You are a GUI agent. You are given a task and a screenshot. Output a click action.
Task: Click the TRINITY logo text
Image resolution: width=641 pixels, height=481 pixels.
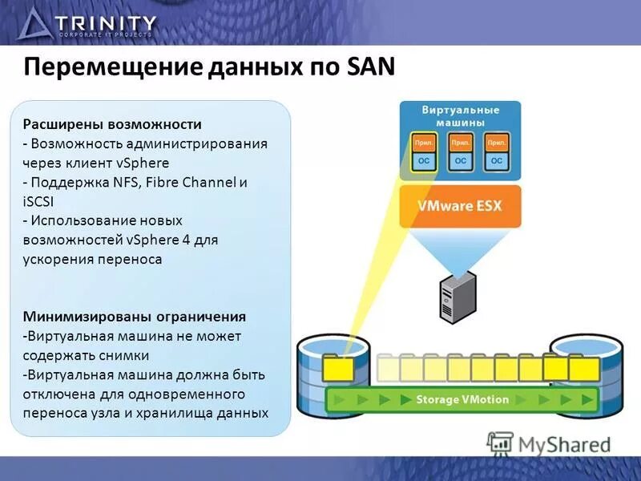click(x=107, y=23)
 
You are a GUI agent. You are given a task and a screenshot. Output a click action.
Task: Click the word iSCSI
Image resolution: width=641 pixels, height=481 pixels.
click(x=38, y=201)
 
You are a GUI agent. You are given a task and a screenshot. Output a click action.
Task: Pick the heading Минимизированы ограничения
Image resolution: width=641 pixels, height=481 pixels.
click(x=135, y=316)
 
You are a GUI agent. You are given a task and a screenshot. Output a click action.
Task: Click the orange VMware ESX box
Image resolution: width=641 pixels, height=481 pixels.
click(x=459, y=206)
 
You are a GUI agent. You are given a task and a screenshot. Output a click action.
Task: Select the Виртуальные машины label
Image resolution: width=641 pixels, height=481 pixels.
click(x=460, y=115)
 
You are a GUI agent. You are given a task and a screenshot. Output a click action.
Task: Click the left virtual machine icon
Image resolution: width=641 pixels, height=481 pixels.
click(x=423, y=152)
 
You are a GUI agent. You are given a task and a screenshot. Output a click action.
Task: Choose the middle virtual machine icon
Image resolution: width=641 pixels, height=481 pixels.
click(x=460, y=152)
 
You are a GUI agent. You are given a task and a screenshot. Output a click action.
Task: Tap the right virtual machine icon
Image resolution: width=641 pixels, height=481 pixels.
click(x=497, y=152)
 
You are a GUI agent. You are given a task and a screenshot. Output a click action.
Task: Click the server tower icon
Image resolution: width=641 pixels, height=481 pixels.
click(x=458, y=296)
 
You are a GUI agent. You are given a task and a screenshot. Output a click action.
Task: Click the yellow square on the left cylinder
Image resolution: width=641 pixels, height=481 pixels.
click(x=338, y=369)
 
